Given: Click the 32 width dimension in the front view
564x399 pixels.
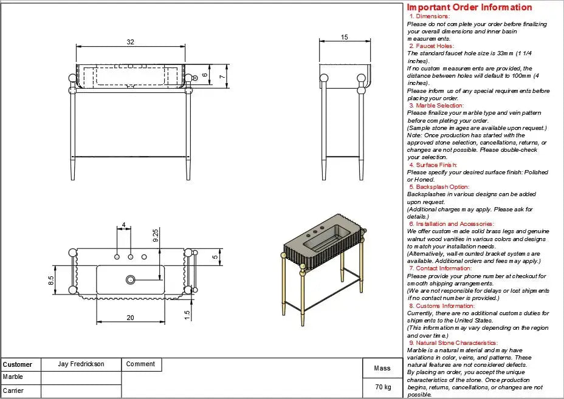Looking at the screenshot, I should pos(130,42).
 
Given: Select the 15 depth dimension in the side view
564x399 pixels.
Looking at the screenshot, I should pos(345,38).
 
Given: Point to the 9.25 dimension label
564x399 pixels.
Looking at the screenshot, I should pos(156,236).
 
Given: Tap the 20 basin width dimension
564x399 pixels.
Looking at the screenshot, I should pos(130,318).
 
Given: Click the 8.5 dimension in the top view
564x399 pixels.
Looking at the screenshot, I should pos(52,280).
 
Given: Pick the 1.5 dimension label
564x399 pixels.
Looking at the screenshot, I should pos(187,314).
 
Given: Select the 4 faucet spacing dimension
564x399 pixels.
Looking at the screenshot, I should pos(124,225).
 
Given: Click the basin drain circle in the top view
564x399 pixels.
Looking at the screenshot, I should pos(130,280).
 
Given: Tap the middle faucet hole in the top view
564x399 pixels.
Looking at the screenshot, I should pos(130,257).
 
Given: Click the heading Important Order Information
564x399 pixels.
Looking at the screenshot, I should pos(469,7).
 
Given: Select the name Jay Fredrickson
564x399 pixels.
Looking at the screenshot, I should pos(81,364).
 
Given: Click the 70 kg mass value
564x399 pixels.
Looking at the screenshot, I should pos(383,387).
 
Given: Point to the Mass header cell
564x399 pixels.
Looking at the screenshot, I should pos(382,368).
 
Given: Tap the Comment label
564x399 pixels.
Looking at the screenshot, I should pos(140,364).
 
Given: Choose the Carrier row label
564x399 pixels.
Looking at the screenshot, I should pos(13,390).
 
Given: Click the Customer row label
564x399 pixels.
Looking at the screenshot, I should pos(17,365).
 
